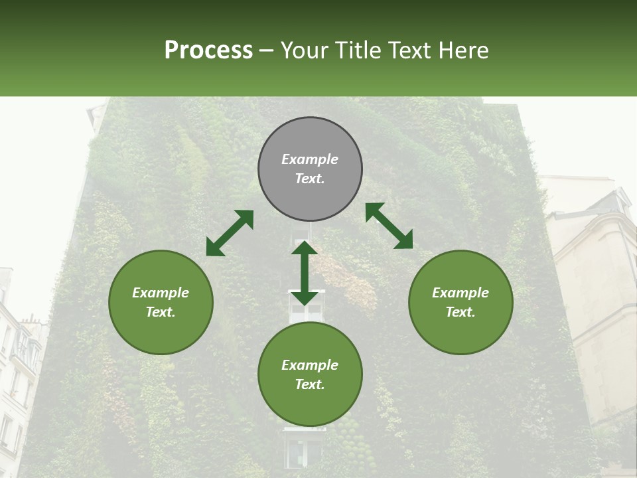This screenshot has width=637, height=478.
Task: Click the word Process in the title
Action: click(x=208, y=50)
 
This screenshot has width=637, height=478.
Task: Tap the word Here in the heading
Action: click(x=463, y=50)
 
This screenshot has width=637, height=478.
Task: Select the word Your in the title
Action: click(x=303, y=50)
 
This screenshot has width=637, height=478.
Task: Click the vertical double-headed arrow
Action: click(x=305, y=273)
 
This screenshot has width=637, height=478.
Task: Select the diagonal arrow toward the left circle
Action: click(x=230, y=233)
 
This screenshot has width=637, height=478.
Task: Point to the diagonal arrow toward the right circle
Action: click(x=389, y=226)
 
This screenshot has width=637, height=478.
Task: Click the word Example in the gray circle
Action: click(x=310, y=159)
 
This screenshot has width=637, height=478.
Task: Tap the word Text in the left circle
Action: click(x=161, y=312)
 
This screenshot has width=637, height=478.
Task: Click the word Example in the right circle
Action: click(x=460, y=293)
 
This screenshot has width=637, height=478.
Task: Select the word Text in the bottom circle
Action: click(x=310, y=384)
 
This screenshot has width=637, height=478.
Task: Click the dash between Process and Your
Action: click(x=267, y=50)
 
